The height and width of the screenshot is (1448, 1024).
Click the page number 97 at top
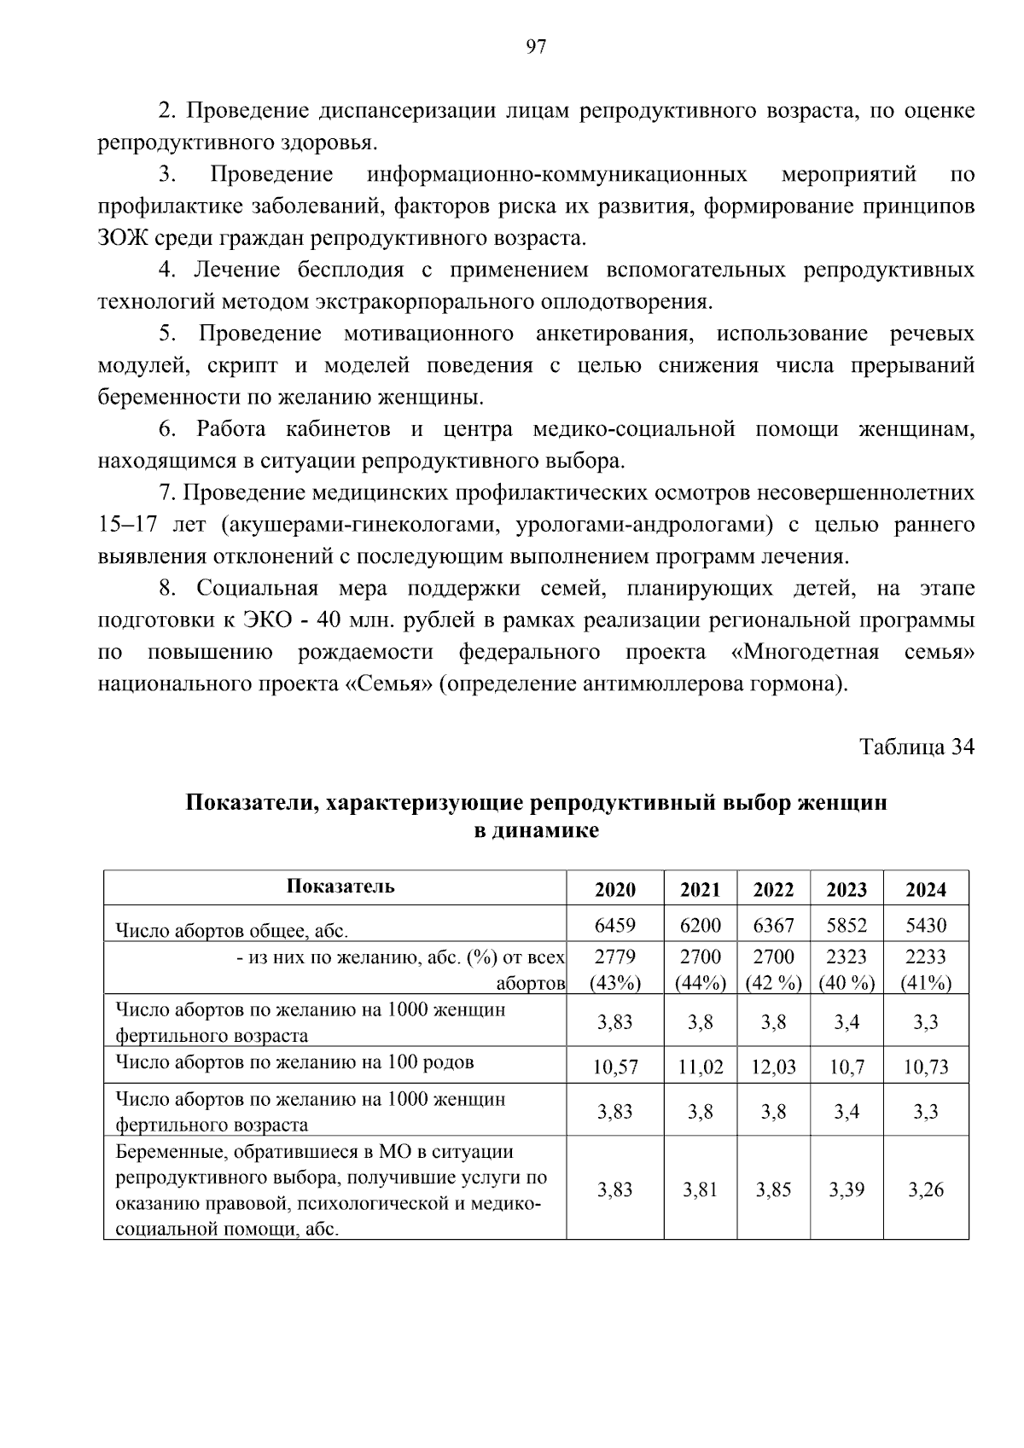point(536,47)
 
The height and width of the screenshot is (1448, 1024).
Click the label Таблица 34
point(916,747)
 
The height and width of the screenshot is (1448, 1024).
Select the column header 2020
point(614,889)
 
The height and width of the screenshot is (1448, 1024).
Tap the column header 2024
point(925,889)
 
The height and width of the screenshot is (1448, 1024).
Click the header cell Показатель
point(340,886)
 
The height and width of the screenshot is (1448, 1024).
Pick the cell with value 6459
point(614,925)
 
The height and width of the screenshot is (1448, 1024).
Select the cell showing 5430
point(925,925)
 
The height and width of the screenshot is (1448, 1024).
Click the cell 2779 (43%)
point(614,969)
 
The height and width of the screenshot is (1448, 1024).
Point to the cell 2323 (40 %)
point(847,969)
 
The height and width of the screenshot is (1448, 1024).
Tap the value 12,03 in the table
point(773,1067)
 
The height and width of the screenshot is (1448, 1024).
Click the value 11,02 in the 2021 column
point(700,1067)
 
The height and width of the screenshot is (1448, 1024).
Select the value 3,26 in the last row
point(925,1189)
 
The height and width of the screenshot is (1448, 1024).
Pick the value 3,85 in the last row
point(773,1189)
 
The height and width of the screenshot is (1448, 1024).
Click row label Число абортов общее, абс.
point(232,930)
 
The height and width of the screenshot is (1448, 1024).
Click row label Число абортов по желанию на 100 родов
point(294,1062)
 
